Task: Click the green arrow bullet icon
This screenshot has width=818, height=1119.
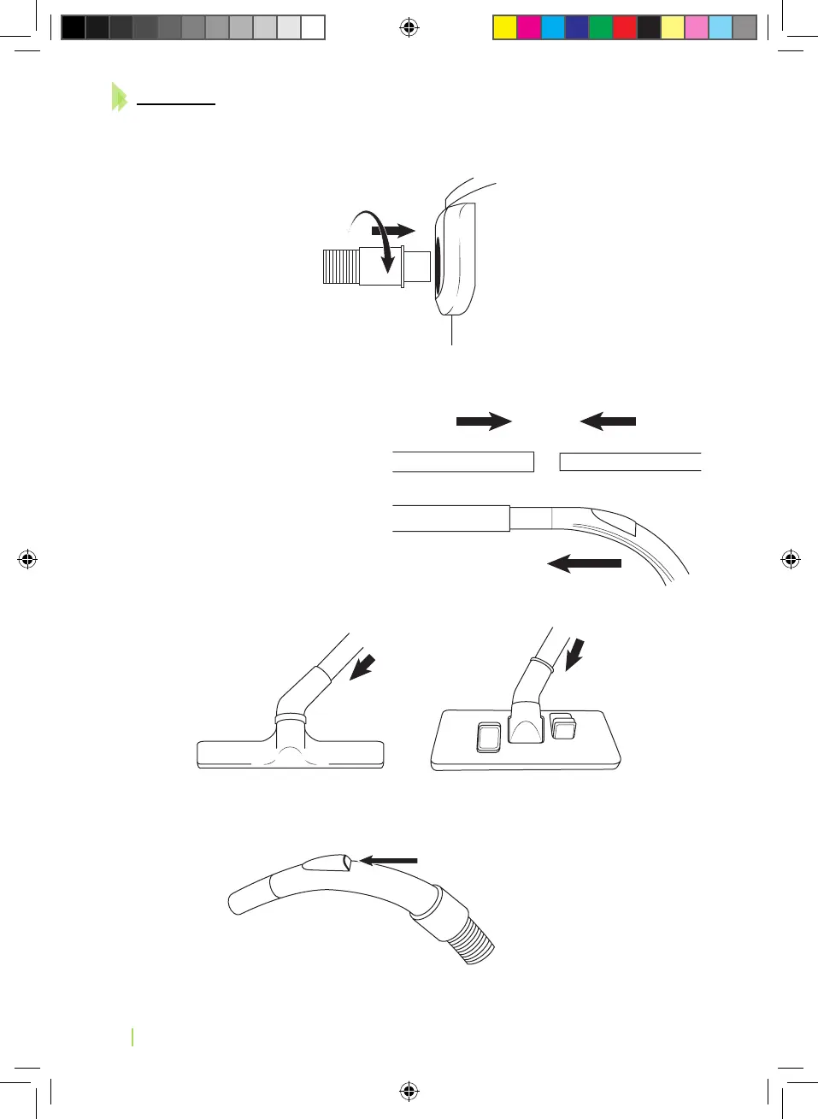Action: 119,97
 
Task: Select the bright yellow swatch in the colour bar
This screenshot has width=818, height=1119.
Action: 505,27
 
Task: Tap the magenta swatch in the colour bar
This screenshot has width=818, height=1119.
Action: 529,27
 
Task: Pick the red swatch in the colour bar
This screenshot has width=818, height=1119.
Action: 625,27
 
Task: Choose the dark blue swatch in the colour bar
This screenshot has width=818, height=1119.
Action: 577,27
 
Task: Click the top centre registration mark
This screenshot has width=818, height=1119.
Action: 409,28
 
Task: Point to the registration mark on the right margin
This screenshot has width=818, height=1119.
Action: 791,559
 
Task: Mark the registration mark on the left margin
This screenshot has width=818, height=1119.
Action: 27,560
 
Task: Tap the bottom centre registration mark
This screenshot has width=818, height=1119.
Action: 409,1091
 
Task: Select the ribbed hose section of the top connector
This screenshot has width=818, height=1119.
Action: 339,266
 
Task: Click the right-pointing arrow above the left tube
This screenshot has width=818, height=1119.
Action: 484,421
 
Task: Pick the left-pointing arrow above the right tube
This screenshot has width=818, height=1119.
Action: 608,421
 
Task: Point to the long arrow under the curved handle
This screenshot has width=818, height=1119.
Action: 585,563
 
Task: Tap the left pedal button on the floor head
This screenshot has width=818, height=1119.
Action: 489,736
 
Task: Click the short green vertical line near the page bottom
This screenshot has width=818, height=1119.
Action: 133,1037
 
